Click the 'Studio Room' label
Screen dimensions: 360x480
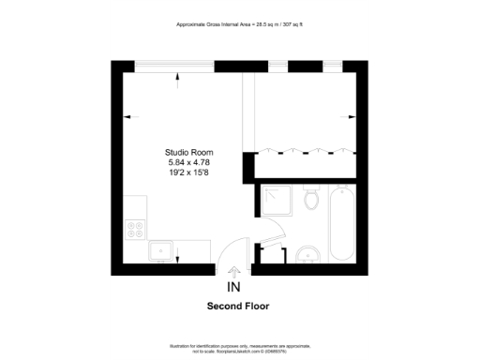[x=188, y=152]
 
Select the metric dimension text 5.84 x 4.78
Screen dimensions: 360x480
[x=188, y=162]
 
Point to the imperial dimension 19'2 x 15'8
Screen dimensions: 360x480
[x=188, y=172]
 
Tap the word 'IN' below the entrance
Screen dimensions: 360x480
[x=233, y=287]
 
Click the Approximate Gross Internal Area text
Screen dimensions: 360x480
[x=240, y=24]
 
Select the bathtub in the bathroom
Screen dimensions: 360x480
[x=339, y=225]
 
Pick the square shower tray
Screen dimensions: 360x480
[x=277, y=201]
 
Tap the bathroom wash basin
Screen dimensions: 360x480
[x=307, y=254]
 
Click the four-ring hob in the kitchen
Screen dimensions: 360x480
[x=136, y=227]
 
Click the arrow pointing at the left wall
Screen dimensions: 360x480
[x=129, y=118]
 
